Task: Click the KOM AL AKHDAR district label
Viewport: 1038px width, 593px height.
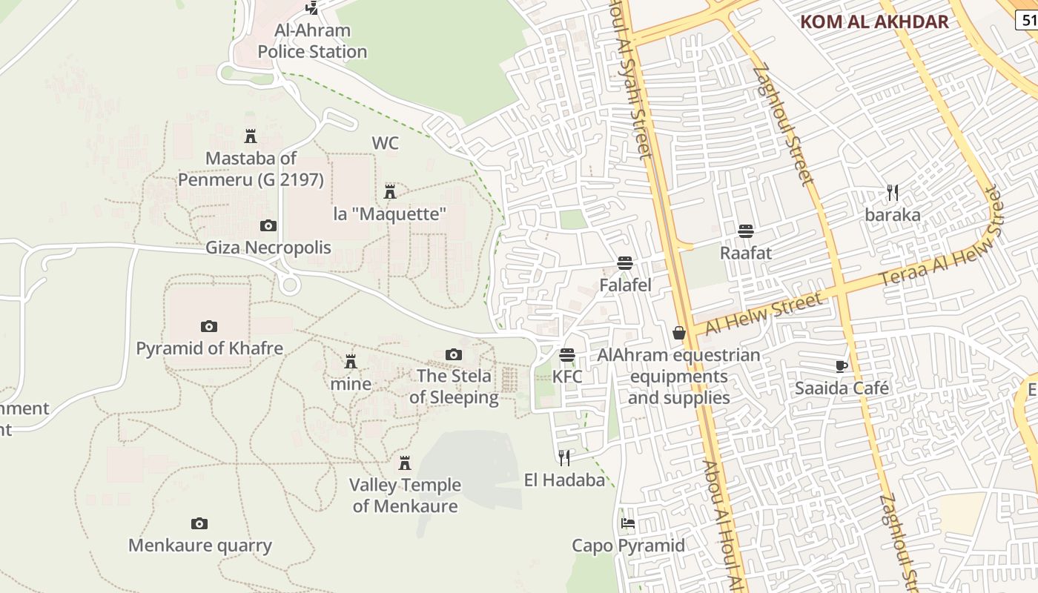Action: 874,21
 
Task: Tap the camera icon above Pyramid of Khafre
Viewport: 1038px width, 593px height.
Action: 209,326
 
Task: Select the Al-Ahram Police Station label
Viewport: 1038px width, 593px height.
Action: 312,42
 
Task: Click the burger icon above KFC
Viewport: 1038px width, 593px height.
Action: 567,355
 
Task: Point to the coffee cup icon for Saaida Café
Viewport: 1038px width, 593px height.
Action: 841,366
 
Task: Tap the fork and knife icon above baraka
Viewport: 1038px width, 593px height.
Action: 893,193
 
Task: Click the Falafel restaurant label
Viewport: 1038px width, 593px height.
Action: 625,285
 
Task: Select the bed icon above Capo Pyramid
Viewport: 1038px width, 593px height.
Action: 628,523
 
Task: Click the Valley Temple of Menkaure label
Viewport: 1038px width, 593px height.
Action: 405,496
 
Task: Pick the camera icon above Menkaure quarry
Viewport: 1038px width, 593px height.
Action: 199,524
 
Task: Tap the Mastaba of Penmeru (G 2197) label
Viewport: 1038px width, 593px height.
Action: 251,169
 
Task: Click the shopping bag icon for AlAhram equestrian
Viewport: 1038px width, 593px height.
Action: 678,334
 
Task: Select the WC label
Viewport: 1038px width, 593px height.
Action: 385,143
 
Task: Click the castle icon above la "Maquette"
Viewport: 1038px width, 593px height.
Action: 390,192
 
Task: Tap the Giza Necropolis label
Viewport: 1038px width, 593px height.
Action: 268,248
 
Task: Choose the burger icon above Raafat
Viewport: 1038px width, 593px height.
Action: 746,231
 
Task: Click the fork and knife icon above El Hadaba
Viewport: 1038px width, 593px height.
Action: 564,457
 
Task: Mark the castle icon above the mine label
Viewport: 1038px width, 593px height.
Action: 351,362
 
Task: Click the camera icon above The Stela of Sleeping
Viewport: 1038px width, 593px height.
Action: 454,355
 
